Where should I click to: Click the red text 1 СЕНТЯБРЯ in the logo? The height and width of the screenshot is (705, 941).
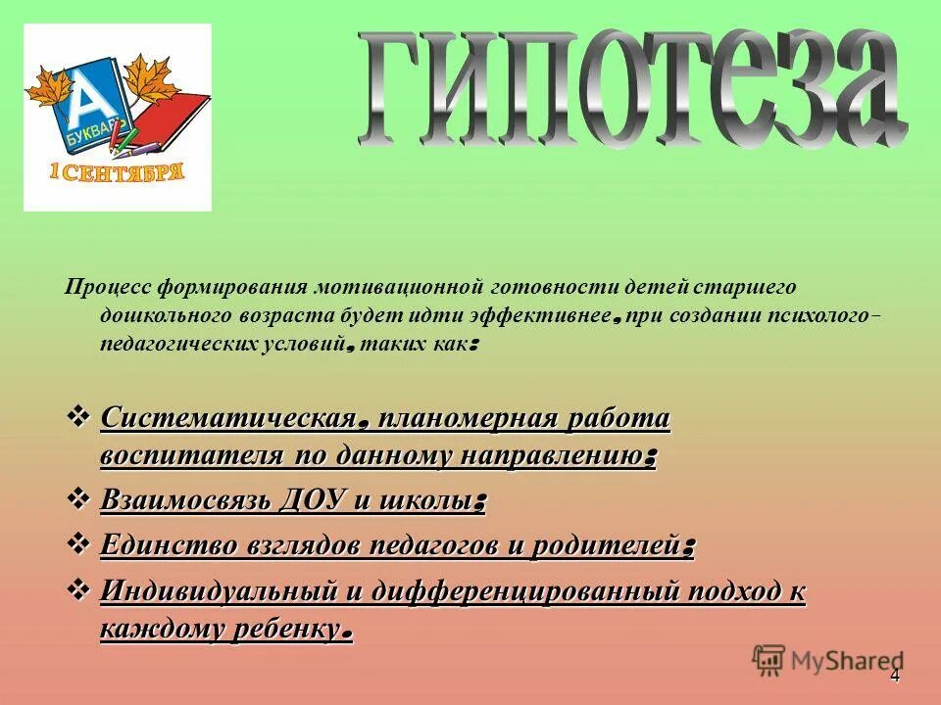117,173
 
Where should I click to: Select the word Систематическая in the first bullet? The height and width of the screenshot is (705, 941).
226,419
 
